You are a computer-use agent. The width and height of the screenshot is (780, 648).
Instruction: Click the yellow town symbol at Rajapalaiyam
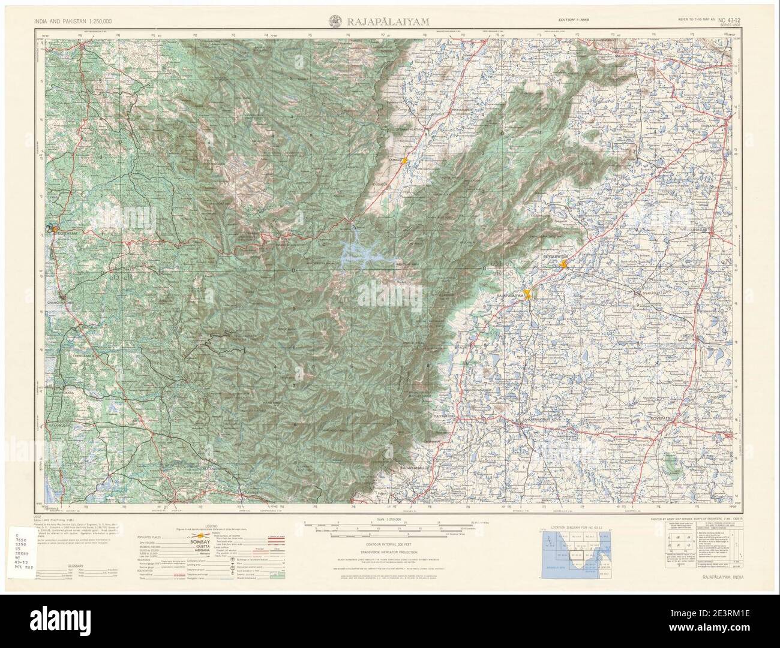(528, 294)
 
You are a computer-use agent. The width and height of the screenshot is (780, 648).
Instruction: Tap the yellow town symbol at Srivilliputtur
(563, 263)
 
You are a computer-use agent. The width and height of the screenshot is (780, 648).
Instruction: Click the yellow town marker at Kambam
(406, 161)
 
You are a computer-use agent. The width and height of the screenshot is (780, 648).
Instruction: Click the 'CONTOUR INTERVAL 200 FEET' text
(389, 544)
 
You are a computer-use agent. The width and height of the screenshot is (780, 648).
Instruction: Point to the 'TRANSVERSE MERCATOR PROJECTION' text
(389, 553)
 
